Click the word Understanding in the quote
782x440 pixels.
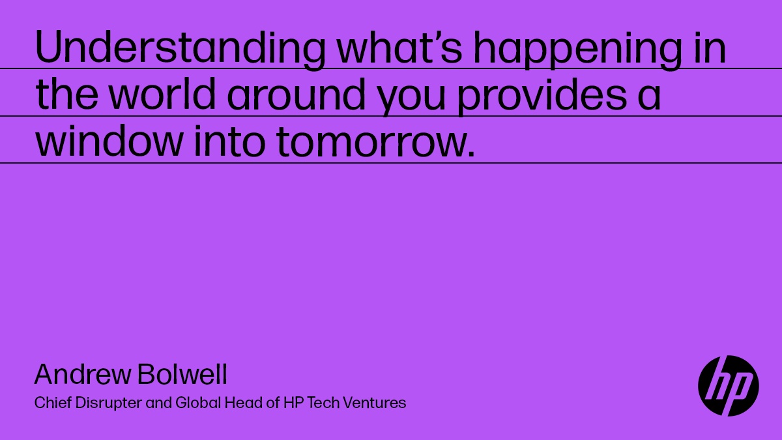pos(180,48)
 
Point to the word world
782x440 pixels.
pos(162,94)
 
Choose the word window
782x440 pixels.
pos(109,141)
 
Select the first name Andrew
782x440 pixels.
pos(82,374)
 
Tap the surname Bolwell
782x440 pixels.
pos(182,374)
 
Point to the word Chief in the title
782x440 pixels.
pos(53,403)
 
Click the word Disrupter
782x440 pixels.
pos(109,404)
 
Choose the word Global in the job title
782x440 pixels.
pos(198,403)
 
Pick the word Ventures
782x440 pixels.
pos(374,403)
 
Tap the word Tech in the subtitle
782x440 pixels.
pos(323,403)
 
